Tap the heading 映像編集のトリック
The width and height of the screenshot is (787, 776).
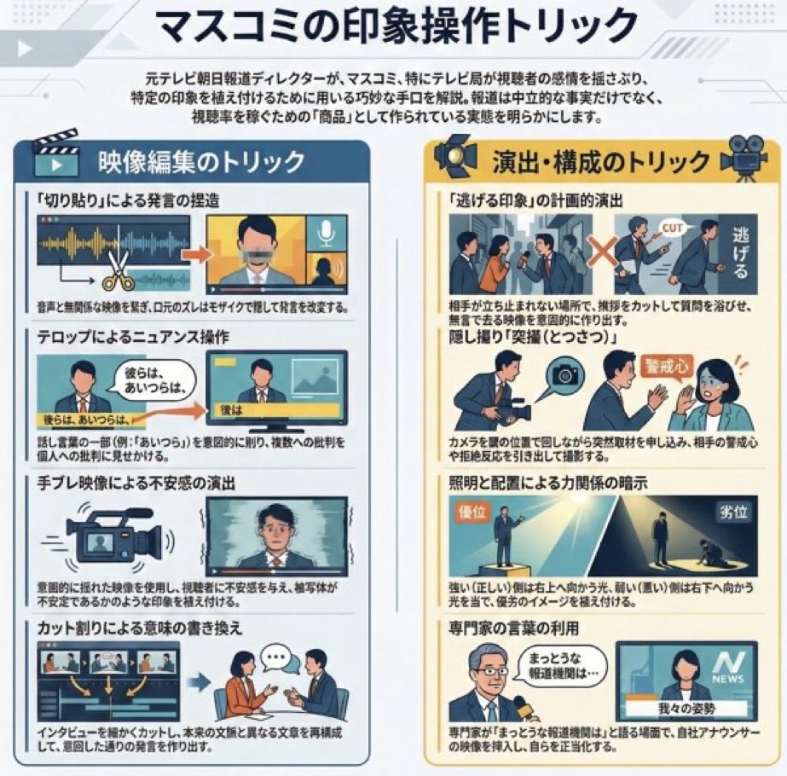click(201, 161)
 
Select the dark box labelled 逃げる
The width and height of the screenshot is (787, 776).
click(738, 252)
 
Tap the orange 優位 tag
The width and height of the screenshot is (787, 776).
click(472, 512)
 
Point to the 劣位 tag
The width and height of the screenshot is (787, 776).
click(732, 513)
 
